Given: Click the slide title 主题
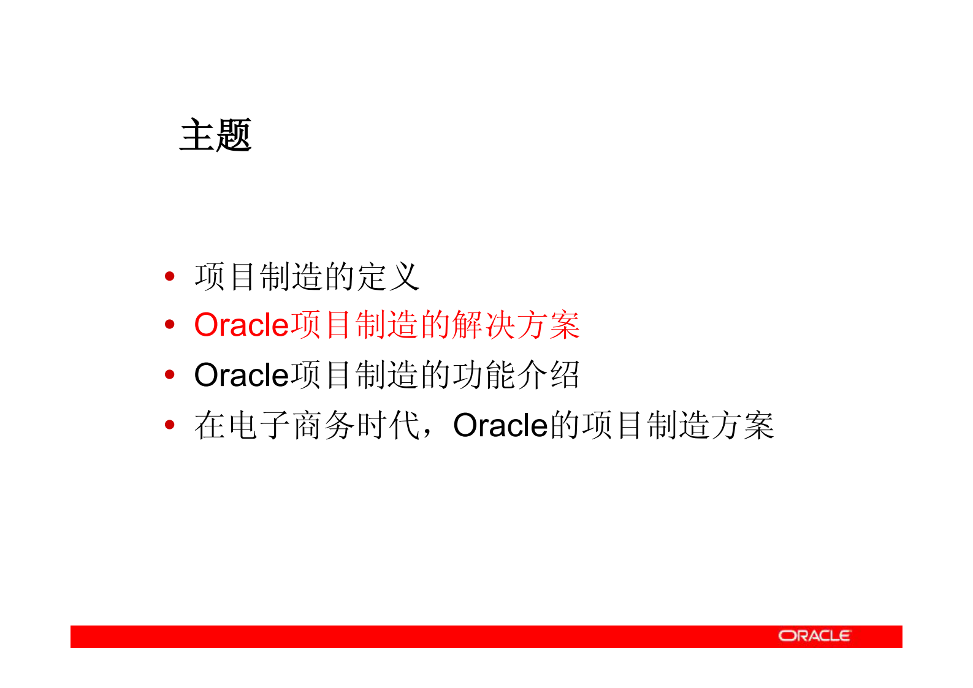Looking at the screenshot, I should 216,135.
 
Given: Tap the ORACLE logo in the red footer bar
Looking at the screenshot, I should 814,636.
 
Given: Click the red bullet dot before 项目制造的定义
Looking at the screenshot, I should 170,276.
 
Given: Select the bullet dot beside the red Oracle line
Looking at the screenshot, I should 170,325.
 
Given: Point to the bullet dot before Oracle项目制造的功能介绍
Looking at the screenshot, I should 170,374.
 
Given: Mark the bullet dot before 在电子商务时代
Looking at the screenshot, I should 170,425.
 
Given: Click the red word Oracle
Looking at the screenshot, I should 241,325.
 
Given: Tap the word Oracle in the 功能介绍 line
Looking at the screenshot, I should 241,375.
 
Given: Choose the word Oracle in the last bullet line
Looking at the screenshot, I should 500,425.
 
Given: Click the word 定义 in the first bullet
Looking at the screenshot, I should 388,277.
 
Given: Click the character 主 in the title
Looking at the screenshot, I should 197,135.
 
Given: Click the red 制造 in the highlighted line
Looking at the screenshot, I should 387,325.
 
